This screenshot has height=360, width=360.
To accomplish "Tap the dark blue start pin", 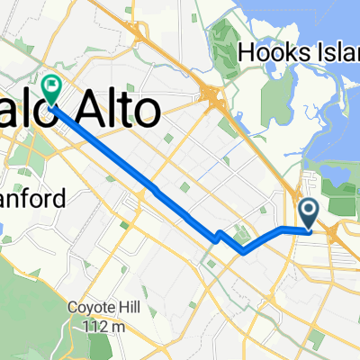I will pyautogui.click(x=309, y=214).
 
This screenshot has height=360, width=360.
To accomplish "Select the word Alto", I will pyautogui.click(x=124, y=111).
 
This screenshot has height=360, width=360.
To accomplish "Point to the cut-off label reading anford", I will pyautogui.click(x=32, y=199).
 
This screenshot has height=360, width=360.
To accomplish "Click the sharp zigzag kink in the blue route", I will pyautogui.click(x=218, y=236).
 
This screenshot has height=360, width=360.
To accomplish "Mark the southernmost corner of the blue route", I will pyautogui.click(x=243, y=253).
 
